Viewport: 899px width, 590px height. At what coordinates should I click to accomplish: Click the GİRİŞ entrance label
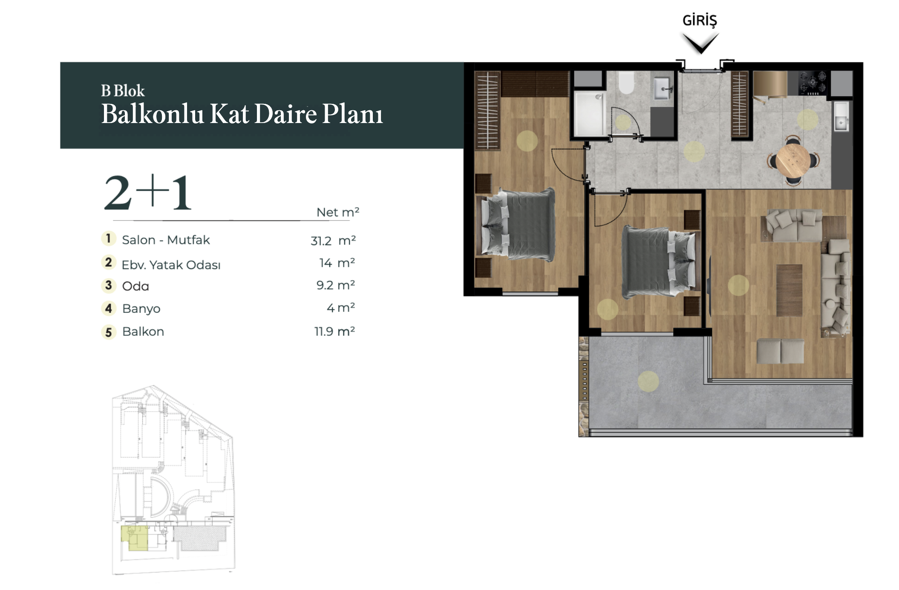coord(700,20)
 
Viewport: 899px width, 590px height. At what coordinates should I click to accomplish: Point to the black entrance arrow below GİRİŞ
coord(701,44)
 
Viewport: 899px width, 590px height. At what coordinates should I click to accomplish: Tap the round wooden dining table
coord(792,160)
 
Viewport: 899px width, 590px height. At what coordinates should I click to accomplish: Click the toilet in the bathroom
coord(626,82)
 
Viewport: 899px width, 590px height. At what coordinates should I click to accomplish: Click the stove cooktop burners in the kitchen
coord(813,83)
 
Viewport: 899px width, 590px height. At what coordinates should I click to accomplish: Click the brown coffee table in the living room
coord(789,290)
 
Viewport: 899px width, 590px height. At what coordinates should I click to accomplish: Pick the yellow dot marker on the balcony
coord(648,381)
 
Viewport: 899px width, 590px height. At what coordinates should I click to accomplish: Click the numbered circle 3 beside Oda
coord(109,285)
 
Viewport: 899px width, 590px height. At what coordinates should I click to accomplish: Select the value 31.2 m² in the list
coord(333,241)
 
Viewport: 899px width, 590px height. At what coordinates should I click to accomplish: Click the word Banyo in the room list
coord(141,309)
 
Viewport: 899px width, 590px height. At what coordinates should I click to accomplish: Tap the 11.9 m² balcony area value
coord(334,331)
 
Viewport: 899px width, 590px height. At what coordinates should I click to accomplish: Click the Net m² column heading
coord(338,212)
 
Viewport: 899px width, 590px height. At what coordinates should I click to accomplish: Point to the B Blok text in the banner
coord(123,91)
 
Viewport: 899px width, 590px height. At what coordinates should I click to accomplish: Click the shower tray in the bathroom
coord(588,113)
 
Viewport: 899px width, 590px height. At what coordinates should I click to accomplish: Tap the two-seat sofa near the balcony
coord(781,351)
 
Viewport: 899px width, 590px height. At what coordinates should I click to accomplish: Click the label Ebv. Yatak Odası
coord(171,265)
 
